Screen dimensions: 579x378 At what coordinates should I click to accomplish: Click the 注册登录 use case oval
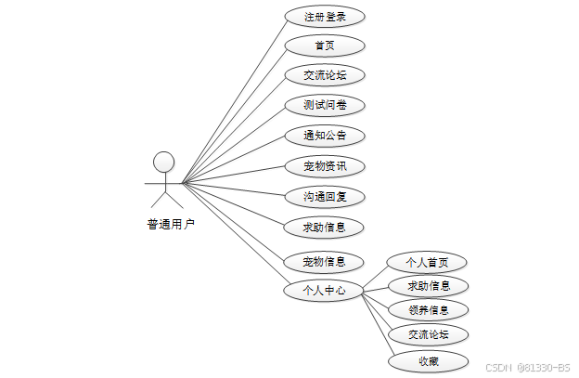click(x=324, y=17)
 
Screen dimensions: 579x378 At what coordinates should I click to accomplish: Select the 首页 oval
click(x=324, y=46)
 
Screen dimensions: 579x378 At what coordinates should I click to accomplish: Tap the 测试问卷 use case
click(x=324, y=105)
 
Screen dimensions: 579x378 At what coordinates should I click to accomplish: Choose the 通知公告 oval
click(x=324, y=136)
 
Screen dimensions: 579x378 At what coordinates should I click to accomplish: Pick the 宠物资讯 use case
click(x=324, y=167)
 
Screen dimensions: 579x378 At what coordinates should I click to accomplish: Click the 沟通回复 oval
click(x=324, y=197)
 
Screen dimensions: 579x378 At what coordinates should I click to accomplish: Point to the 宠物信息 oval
click(x=324, y=261)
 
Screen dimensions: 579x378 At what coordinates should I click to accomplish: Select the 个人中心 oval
click(x=324, y=291)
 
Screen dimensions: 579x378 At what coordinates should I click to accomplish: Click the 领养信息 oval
click(x=428, y=309)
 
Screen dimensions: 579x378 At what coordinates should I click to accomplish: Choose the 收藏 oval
click(x=428, y=361)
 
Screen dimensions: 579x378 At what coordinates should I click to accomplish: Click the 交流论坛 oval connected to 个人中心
click(x=428, y=334)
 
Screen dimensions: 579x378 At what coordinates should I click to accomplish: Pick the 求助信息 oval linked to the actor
click(x=324, y=226)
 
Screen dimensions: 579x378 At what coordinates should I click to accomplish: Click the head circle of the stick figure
click(x=164, y=162)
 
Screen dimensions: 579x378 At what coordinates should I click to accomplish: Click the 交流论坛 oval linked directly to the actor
click(x=324, y=75)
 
